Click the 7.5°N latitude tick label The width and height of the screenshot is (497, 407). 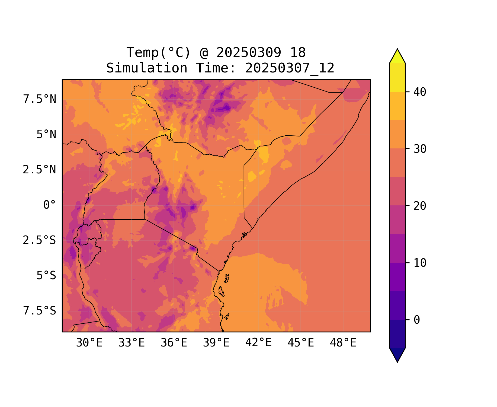click(40, 99)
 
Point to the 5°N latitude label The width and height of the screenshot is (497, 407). click(46, 135)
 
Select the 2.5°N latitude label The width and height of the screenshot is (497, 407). click(40, 170)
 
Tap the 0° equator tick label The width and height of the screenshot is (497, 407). click(50, 205)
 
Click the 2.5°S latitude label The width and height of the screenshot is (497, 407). click(40, 240)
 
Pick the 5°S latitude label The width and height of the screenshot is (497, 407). click(46, 276)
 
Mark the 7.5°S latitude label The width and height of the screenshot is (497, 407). click(40, 311)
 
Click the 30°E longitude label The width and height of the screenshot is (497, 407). click(89, 343)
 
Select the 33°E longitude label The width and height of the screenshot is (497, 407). click(132, 343)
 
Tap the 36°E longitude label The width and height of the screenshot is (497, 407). click(174, 343)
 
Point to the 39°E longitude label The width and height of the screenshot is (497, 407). click(216, 343)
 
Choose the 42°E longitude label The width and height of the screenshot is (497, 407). click(258, 343)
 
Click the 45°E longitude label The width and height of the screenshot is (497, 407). click(301, 343)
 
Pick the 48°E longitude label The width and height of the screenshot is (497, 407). click(343, 343)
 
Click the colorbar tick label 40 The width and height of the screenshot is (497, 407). click(420, 92)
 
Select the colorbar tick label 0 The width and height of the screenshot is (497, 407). click(417, 320)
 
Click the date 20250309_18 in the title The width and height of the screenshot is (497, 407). click(261, 53)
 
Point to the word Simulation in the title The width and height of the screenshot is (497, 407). click(147, 68)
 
